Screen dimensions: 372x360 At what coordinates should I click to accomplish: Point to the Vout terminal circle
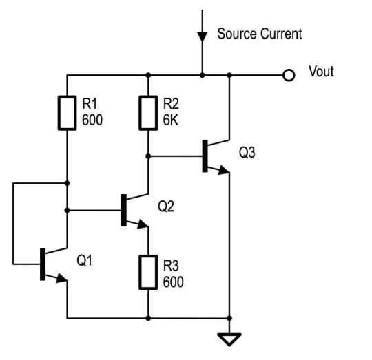click(289, 75)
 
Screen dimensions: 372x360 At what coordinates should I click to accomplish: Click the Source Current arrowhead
click(203, 37)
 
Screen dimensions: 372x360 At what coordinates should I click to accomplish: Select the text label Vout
click(321, 71)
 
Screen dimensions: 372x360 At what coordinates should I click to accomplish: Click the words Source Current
click(260, 34)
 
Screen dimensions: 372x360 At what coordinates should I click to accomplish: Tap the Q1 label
click(85, 260)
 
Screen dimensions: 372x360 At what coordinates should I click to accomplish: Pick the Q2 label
click(166, 206)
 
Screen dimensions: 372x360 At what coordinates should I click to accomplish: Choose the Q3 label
click(247, 152)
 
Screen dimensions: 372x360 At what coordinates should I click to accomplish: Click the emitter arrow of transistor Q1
click(61, 278)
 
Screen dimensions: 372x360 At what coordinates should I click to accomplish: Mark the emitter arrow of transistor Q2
click(143, 224)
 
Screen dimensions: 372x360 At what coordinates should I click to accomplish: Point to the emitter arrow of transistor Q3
click(223, 170)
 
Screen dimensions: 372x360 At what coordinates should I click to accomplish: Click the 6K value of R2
click(170, 120)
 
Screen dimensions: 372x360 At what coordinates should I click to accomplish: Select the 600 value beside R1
click(92, 120)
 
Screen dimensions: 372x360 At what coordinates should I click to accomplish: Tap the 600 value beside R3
click(173, 282)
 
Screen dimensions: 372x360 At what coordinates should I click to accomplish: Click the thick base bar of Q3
click(205, 156)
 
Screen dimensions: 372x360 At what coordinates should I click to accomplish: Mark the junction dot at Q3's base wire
click(148, 156)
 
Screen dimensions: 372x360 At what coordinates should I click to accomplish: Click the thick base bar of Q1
click(43, 264)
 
